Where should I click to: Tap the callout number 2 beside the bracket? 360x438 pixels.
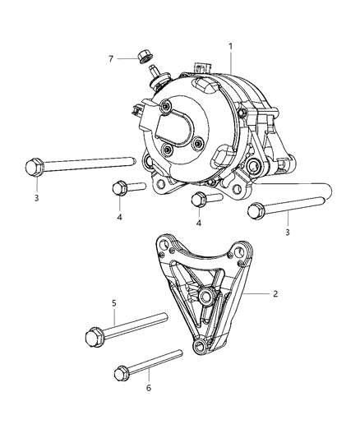tap(276, 293)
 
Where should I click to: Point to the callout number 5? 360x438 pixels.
tap(114, 302)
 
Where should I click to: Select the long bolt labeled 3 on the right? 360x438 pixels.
tap(288, 206)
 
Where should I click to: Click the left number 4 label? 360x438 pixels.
tap(119, 217)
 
